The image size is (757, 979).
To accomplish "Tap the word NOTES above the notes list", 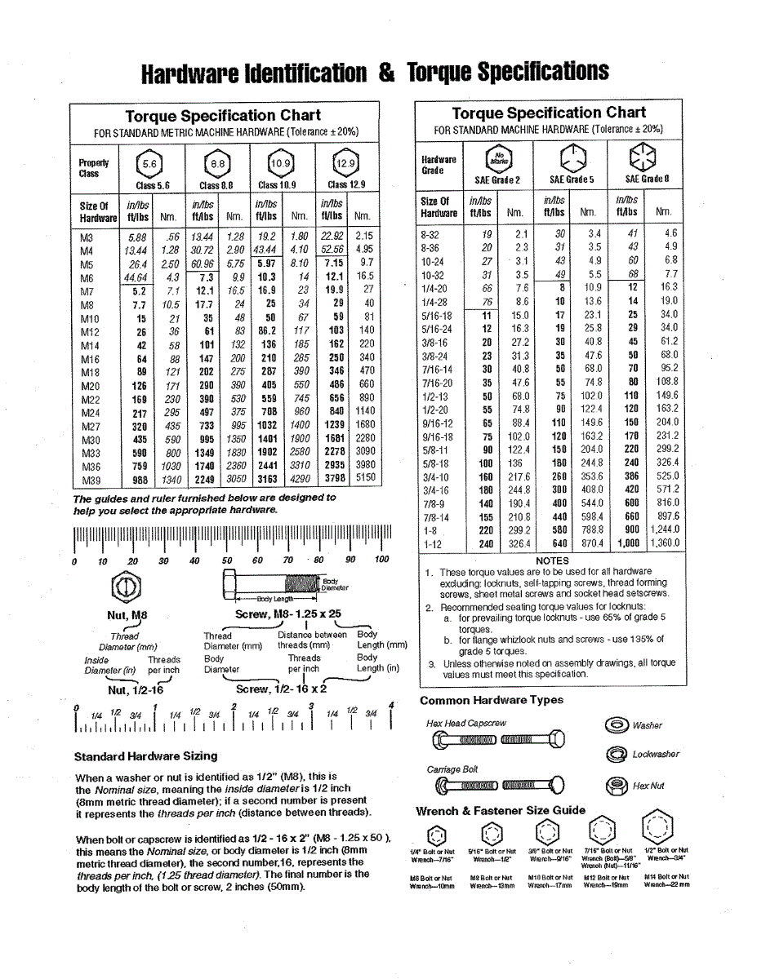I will (x=552, y=560).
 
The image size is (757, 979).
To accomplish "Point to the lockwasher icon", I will (x=616, y=755).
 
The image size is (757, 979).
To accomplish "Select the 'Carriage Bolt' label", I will (x=452, y=769).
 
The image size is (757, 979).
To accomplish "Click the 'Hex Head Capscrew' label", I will (x=466, y=723).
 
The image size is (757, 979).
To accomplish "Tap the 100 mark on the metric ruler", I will (x=381, y=560).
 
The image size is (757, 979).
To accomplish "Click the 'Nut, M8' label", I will (x=127, y=615).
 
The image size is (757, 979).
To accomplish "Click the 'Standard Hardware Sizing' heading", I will (x=145, y=755).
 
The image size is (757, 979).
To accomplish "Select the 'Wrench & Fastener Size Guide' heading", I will (x=501, y=810).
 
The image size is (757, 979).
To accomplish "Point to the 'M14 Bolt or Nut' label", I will (x=666, y=876).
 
